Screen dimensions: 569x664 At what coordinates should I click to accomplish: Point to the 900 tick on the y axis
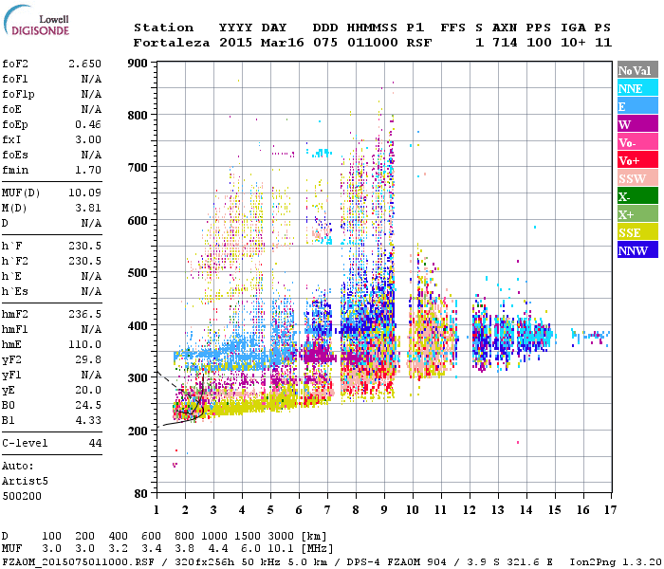point(138,64)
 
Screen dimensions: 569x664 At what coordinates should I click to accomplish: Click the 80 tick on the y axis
point(141,494)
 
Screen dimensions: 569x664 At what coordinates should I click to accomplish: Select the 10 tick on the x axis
point(412,511)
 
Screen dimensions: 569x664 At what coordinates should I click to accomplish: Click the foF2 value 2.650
point(84,63)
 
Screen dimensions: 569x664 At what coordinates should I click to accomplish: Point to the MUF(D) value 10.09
point(84,194)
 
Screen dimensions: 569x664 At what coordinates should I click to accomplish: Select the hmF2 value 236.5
point(84,313)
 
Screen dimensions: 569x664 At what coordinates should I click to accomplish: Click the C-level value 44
point(94,443)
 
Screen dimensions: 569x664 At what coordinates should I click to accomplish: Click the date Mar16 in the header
point(279,43)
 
